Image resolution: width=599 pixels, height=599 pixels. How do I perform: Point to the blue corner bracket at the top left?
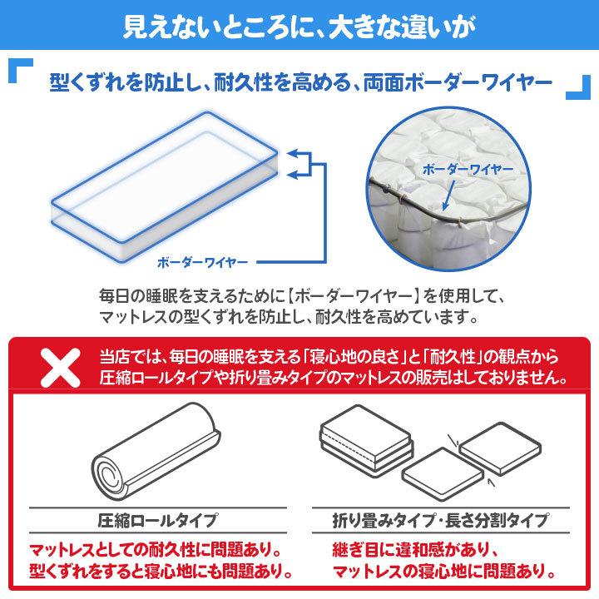tap(22, 72)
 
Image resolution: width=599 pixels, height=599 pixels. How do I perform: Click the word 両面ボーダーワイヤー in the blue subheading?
tap(458, 84)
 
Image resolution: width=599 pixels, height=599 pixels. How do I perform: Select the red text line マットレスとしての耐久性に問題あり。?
tap(154, 551)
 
